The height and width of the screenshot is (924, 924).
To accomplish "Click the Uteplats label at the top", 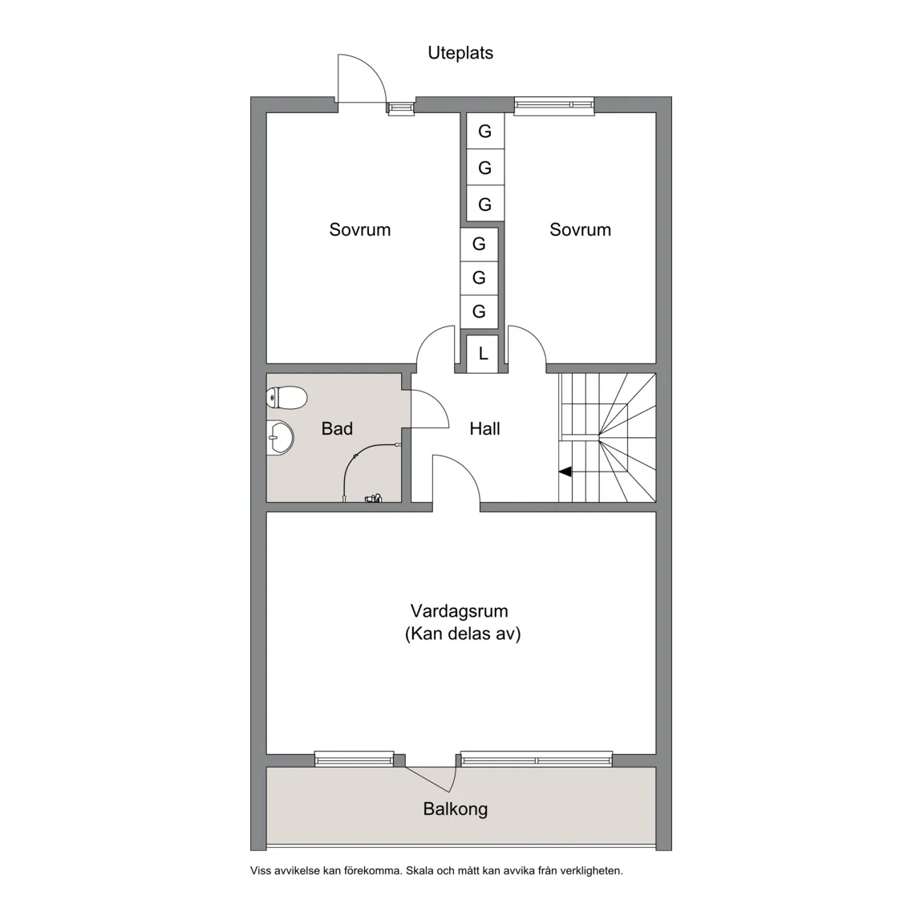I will click(460, 53).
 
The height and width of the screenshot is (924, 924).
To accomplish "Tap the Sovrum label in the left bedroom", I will click(360, 229).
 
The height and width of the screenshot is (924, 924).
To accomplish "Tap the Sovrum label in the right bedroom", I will click(580, 229).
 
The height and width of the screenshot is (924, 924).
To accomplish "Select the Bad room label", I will click(337, 429).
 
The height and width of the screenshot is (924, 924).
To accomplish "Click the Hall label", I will click(484, 429).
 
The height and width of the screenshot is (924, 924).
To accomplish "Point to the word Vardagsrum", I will click(459, 611).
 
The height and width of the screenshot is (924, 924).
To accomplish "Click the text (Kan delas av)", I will click(463, 634).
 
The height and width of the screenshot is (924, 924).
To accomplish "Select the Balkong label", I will click(455, 809).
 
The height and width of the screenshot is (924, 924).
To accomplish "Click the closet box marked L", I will click(483, 354).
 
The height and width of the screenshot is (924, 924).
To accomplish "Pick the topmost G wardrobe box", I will click(484, 132).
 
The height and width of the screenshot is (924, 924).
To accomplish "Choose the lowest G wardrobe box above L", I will click(479, 311).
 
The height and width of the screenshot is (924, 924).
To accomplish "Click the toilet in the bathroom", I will click(287, 397).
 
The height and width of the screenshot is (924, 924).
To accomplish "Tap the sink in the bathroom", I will click(279, 439).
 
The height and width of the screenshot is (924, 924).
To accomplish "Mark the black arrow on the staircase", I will click(565, 472).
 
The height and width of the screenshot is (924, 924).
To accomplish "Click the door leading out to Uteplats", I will click(361, 80).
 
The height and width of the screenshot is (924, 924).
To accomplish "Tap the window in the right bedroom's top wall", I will click(554, 104).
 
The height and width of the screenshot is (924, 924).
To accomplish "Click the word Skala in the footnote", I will click(419, 870).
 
